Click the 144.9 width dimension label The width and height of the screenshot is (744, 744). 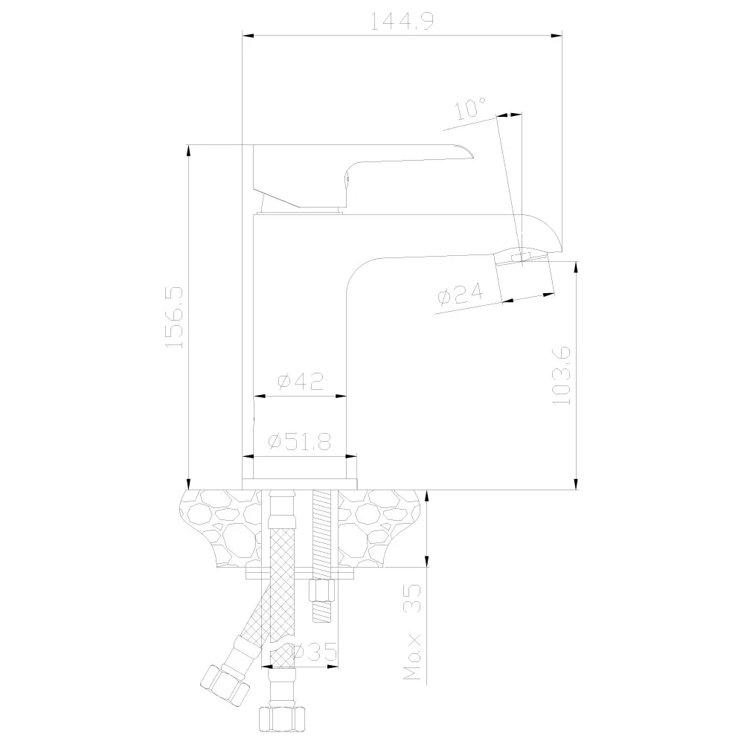[x=402, y=21]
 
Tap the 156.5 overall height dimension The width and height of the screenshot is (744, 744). [x=174, y=318]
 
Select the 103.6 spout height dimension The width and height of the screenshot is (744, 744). [x=561, y=376]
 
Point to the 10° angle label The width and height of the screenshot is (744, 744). [x=470, y=108]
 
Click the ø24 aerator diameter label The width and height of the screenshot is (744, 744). [x=461, y=294]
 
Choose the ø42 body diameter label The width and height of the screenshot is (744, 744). [x=301, y=382]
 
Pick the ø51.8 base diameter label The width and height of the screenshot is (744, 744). [x=300, y=442]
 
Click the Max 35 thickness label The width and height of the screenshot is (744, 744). [x=413, y=632]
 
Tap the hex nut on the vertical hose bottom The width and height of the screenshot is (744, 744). [x=282, y=719]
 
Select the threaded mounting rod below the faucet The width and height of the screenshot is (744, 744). [x=323, y=556]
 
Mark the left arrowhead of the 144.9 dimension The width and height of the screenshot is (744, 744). [x=248, y=35]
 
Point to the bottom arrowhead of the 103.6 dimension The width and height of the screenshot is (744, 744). [x=576, y=484]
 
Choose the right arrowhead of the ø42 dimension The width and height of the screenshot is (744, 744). [x=341, y=396]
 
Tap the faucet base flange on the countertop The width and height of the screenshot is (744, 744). [x=300, y=484]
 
